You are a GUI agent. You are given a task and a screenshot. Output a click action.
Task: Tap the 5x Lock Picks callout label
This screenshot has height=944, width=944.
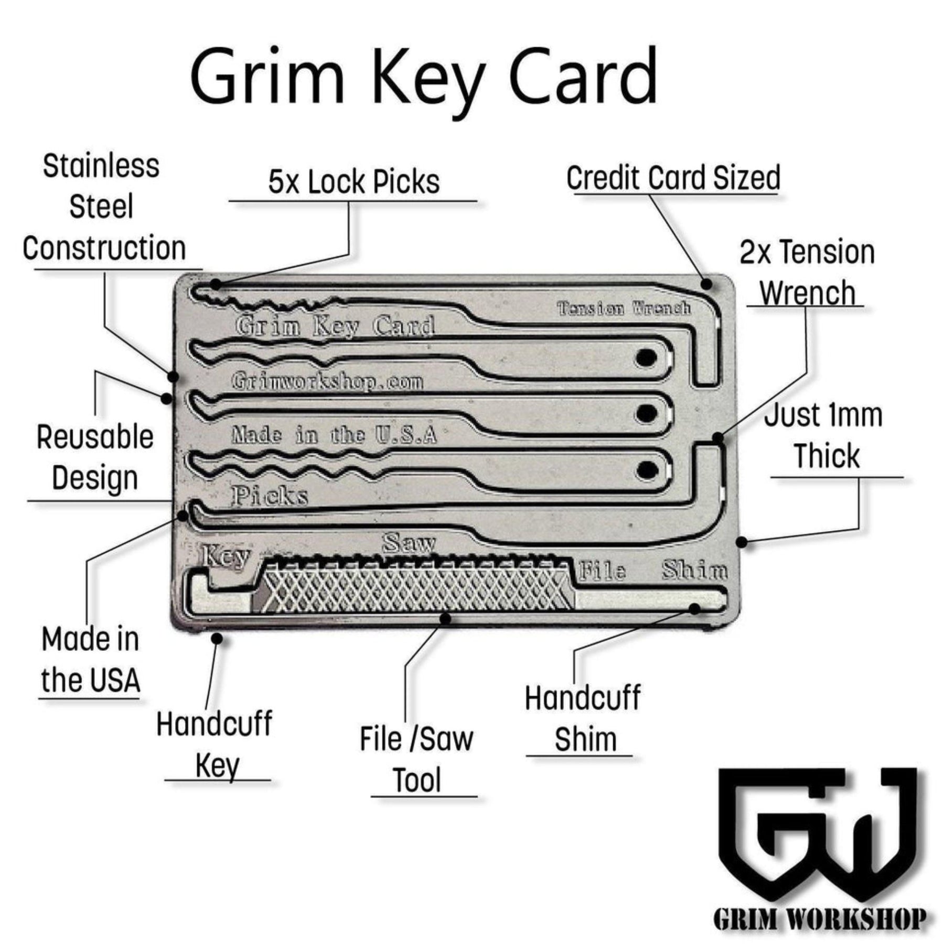(x=354, y=183)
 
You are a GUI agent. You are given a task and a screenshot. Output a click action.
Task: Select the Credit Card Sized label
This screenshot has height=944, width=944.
(x=673, y=178)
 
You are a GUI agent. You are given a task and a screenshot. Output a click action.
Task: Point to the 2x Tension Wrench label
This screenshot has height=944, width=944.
(x=807, y=273)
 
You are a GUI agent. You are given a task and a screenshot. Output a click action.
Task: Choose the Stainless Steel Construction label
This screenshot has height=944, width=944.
(x=104, y=207)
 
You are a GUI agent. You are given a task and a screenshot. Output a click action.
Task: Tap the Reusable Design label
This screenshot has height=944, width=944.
(x=95, y=457)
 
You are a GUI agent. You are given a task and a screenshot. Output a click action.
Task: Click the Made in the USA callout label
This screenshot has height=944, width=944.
(x=91, y=660)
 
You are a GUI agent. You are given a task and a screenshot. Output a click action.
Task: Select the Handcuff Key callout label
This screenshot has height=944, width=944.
(x=214, y=745)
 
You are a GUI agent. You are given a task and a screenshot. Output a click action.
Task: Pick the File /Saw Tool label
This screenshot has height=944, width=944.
(x=417, y=759)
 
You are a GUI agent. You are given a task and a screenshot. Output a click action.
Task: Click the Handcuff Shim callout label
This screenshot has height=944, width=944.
(x=583, y=718)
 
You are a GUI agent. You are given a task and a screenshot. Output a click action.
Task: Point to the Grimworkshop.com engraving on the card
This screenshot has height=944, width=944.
(x=327, y=381)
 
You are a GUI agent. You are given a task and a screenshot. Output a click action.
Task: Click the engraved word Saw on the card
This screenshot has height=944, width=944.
(x=409, y=543)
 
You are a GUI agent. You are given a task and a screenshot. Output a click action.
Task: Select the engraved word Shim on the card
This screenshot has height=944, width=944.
(x=694, y=570)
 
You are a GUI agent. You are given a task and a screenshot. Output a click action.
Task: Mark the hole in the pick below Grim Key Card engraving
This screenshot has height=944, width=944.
(x=646, y=358)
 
